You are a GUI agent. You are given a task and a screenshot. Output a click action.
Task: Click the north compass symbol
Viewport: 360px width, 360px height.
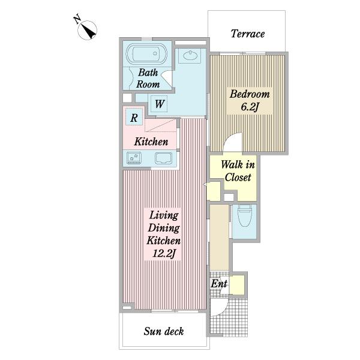(87, 30)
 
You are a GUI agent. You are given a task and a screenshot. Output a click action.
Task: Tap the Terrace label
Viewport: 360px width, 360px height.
(248, 34)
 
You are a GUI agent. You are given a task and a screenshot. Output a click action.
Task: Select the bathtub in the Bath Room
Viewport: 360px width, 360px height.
(146, 53)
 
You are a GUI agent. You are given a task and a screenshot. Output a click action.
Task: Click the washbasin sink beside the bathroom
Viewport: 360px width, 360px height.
(190, 56)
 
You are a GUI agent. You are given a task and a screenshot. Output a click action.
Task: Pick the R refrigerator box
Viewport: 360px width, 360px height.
(134, 117)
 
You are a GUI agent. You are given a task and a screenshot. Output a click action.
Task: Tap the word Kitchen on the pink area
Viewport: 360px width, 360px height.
(151, 142)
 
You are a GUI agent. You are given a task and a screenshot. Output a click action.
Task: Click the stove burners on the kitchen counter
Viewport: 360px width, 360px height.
(134, 158)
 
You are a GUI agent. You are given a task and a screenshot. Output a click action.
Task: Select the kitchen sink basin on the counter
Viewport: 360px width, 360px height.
(163, 158)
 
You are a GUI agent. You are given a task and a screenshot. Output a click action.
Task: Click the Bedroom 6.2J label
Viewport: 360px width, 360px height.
(250, 100)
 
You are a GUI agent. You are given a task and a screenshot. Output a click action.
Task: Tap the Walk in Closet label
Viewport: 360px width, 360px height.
(238, 171)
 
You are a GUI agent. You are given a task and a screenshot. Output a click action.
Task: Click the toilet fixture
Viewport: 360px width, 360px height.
(244, 215)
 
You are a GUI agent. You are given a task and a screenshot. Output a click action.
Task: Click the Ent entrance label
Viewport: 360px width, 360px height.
(219, 284)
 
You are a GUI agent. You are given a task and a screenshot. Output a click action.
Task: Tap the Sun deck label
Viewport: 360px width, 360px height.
(164, 331)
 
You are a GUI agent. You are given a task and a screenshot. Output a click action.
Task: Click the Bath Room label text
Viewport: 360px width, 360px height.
(148, 78)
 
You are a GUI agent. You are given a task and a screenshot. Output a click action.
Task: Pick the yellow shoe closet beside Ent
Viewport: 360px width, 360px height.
(237, 284)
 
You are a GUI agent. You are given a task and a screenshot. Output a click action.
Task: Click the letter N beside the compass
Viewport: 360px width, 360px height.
(77, 19)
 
